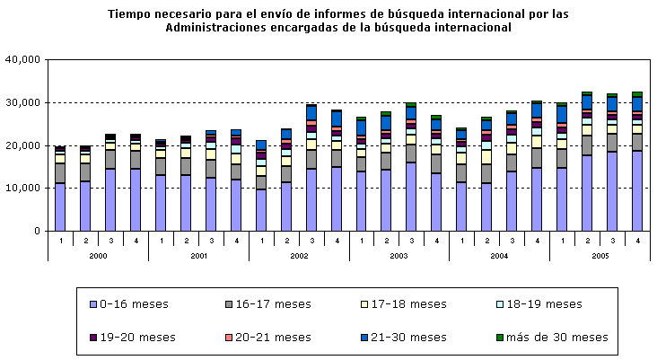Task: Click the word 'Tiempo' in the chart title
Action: click(130, 14)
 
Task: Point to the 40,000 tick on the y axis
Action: click(25, 59)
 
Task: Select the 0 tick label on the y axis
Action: click(37, 232)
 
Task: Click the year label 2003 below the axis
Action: click(399, 255)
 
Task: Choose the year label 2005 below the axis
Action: click(600, 255)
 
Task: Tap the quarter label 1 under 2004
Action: click(461, 240)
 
